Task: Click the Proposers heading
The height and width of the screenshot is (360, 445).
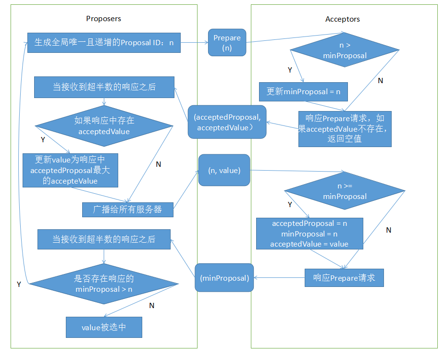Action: pyautogui.click(x=103, y=19)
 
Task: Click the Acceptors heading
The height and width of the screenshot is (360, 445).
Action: pyautogui.click(x=343, y=19)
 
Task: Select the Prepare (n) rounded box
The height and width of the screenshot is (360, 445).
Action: pyautogui.click(x=227, y=42)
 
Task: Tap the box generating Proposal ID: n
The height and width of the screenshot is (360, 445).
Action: pyautogui.click(x=104, y=43)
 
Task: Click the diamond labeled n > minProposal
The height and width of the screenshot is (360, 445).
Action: pyautogui.click(x=345, y=50)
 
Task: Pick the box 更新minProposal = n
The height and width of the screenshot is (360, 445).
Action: pyautogui.click(x=303, y=91)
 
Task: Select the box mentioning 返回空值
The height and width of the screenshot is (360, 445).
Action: pyautogui.click(x=345, y=129)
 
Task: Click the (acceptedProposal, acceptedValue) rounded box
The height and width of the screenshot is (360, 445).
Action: pyautogui.click(x=227, y=122)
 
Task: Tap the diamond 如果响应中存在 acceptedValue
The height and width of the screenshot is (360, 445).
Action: pyautogui.click(x=104, y=126)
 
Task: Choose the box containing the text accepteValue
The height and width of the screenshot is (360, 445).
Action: pyautogui.click(x=70, y=171)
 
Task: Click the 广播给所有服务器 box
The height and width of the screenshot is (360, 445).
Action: pyautogui.click(x=128, y=210)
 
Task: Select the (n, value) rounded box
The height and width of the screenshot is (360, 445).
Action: pyautogui.click(x=224, y=170)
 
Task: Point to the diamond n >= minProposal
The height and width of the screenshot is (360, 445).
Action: pyautogui.click(x=345, y=191)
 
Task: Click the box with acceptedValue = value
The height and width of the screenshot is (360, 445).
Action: pyautogui.click(x=309, y=234)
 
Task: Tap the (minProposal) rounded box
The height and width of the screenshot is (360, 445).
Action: pyautogui.click(x=224, y=278)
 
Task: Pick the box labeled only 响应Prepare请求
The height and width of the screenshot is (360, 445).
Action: pyautogui.click(x=344, y=278)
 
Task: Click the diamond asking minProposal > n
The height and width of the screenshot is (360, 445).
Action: pyautogui.click(x=104, y=284)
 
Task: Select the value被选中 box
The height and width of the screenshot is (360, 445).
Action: pyautogui.click(x=104, y=327)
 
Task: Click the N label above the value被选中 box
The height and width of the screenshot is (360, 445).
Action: pyautogui.click(x=151, y=306)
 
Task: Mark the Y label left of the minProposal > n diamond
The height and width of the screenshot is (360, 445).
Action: pyautogui.click(x=19, y=285)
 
